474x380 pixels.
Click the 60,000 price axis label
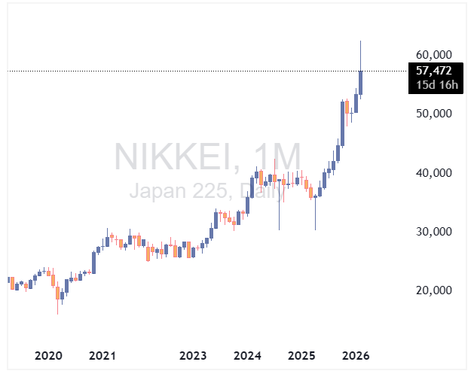coord(433,55)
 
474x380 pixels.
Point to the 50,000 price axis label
coord(433,114)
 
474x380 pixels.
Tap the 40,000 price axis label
coord(433,173)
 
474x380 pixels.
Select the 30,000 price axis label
coord(433,232)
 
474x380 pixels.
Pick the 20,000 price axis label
coord(433,290)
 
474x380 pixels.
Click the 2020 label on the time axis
coord(49,355)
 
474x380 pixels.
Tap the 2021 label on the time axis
coord(102,355)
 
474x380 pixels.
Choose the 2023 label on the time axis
coord(193,355)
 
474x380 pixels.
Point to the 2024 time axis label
coord(247,355)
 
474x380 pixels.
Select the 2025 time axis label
coord(301,355)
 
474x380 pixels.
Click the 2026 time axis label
coord(355,355)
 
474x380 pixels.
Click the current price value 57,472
coord(433,71)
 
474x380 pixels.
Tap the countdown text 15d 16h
coord(433,84)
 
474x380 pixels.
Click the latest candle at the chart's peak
coord(361,82)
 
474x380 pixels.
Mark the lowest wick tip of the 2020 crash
coord(58,314)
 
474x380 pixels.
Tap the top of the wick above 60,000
coord(361,41)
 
